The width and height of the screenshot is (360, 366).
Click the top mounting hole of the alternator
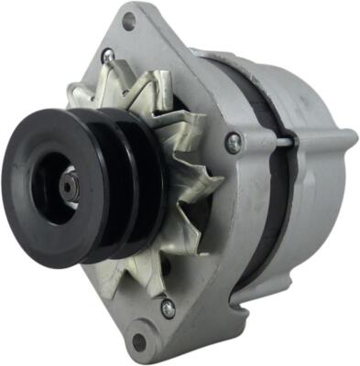click(127, 20)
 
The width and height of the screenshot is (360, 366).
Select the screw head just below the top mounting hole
click(108, 57)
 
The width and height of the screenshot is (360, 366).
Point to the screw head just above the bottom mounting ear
click(168, 308)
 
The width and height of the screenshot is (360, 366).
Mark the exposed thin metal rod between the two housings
click(285, 143)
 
